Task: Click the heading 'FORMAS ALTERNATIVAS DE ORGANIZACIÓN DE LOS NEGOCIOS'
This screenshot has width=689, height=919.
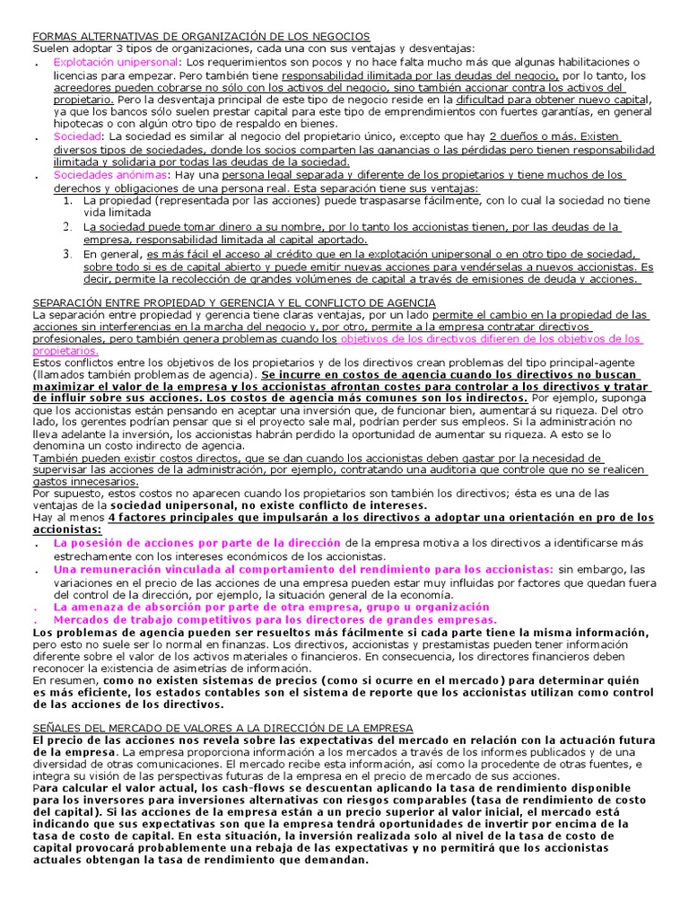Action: (x=200, y=36)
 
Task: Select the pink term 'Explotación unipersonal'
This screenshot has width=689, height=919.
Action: (x=116, y=63)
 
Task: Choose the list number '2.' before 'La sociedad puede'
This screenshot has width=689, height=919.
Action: (x=67, y=228)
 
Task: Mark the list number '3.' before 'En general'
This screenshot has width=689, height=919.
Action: (x=67, y=254)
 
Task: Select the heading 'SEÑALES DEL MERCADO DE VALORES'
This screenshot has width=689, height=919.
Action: (x=222, y=726)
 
